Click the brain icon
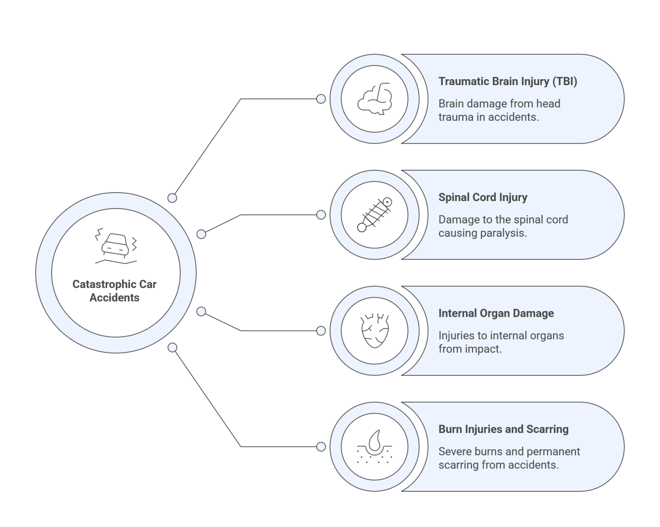[x=374, y=99]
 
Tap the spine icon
[x=374, y=214]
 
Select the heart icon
[x=374, y=331]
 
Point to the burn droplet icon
[x=374, y=447]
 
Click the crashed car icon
[x=116, y=246]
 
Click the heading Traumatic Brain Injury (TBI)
[x=507, y=81]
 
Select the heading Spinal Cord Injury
[x=483, y=197]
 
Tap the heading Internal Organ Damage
[x=496, y=313]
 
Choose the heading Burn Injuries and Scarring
[x=503, y=429]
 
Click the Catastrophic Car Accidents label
[x=114, y=291]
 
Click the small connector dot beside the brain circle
[x=321, y=99]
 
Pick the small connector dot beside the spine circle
[x=321, y=215]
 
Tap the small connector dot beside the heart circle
[x=321, y=331]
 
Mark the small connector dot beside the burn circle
[x=321, y=447]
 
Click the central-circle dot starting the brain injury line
[x=172, y=198]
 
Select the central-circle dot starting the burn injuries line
[x=172, y=347]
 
